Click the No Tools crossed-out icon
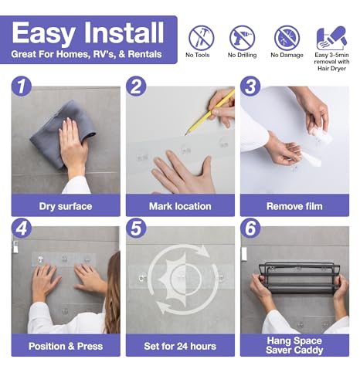(x=202, y=38)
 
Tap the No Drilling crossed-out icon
(x=242, y=38)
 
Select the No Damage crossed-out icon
(x=287, y=38)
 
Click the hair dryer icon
(x=331, y=38)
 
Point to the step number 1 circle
(x=22, y=86)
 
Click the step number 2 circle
(x=136, y=86)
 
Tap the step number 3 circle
(x=250, y=86)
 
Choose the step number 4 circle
(x=22, y=228)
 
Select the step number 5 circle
(x=136, y=228)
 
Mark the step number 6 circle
(x=250, y=228)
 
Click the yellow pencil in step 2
(x=210, y=112)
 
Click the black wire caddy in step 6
(x=300, y=278)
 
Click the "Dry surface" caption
(x=66, y=206)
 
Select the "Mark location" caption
(x=180, y=206)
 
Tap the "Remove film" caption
(x=294, y=206)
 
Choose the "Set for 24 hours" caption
(x=180, y=346)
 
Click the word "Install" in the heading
(x=124, y=32)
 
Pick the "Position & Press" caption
(x=66, y=346)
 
